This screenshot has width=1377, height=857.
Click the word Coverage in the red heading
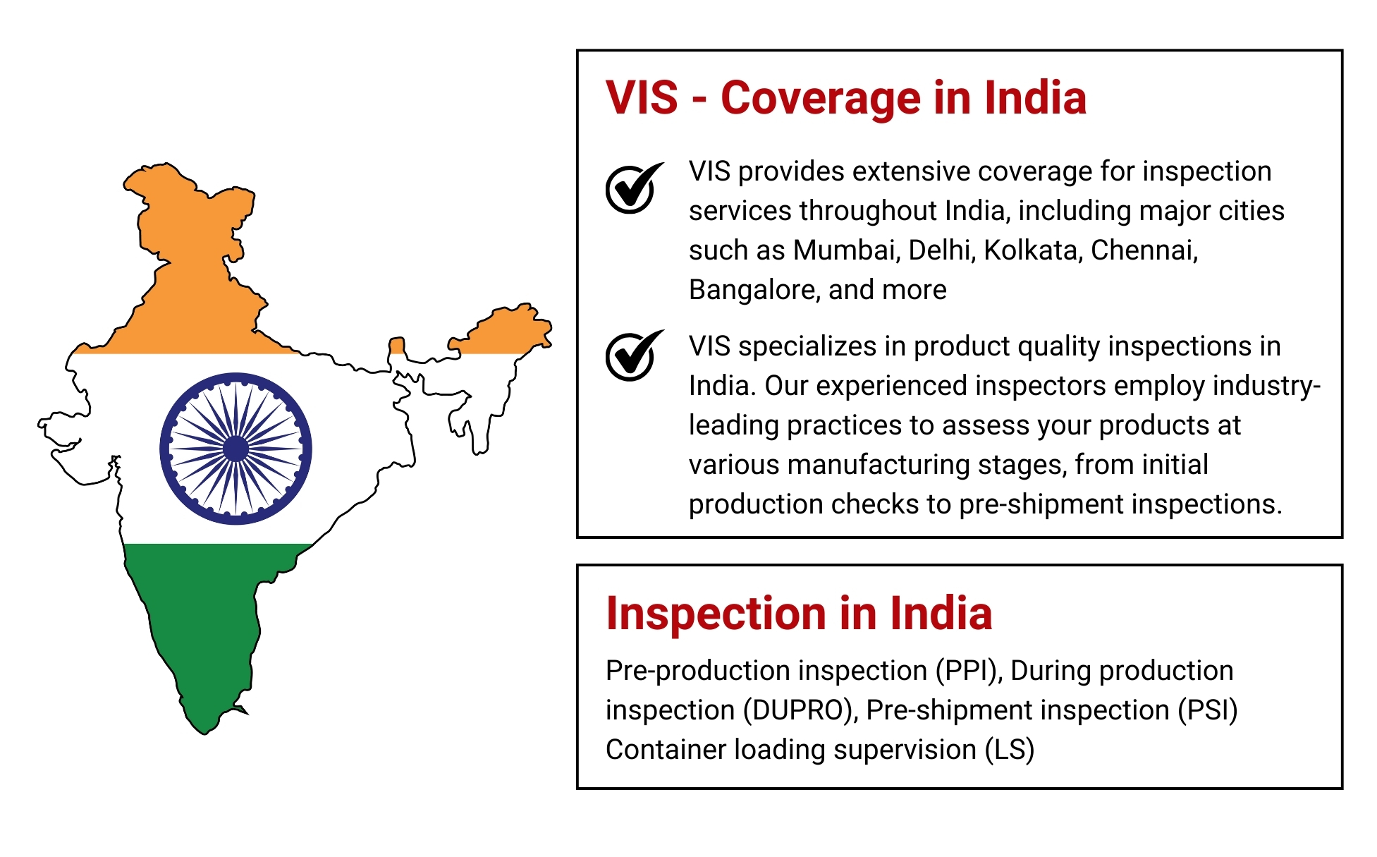pos(821,98)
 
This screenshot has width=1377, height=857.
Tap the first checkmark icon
pos(633,188)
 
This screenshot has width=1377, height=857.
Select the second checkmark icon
pos(633,355)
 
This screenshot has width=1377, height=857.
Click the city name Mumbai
pos(845,250)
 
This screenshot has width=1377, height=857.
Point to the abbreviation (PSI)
pos(1208,710)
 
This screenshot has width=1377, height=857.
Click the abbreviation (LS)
pos(1010,750)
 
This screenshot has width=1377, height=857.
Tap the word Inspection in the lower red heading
pos(717,614)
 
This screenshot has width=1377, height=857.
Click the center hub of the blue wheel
pos(235,449)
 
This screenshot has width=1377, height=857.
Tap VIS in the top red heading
pos(642,98)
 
